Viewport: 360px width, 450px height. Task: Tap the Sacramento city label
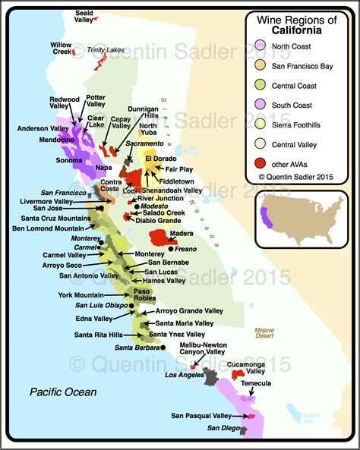pyautogui.click(x=144, y=143)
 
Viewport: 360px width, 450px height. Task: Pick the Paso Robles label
pyautogui.click(x=150, y=295)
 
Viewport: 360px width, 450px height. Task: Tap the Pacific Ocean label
pyautogui.click(x=63, y=392)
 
